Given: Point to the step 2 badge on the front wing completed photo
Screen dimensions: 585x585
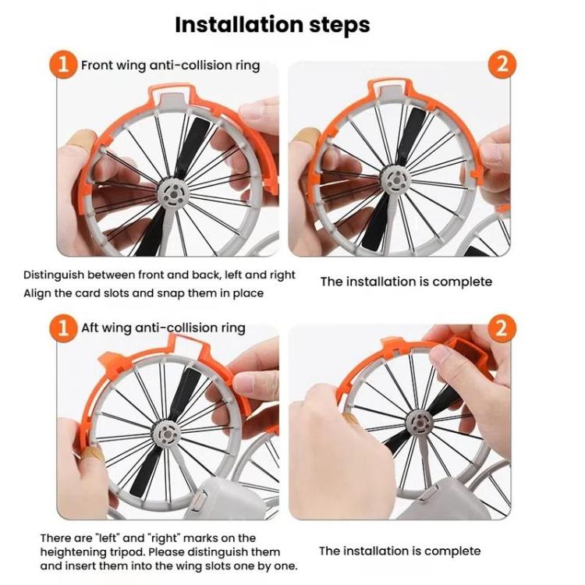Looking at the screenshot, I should tap(502, 64).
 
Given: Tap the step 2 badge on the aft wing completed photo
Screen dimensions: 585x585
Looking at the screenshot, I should tap(502, 327).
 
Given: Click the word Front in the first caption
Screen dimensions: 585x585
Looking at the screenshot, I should tap(98, 66).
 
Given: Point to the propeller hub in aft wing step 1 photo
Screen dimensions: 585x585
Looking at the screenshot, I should tap(169, 434).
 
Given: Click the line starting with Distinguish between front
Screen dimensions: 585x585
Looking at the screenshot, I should tap(159, 275).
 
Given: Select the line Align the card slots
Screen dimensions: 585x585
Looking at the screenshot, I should tap(144, 293).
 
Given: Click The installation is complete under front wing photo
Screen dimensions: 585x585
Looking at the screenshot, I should tap(406, 282).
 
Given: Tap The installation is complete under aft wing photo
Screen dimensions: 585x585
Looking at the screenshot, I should tap(400, 551).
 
